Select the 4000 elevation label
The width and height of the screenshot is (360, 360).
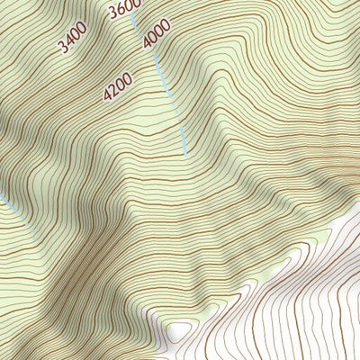tap(156, 33)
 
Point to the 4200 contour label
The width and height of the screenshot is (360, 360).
tap(118, 85)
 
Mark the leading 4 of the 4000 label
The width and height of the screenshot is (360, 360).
tap(147, 42)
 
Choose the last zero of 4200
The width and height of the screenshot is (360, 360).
tap(127, 76)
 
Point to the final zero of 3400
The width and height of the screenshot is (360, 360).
tap(81, 32)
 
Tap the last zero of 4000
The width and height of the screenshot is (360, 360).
tap(166, 24)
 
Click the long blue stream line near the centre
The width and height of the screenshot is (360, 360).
tap(168, 90)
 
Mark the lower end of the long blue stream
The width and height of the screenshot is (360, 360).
tap(185, 153)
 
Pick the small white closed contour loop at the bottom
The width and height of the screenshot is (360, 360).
tap(179, 330)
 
